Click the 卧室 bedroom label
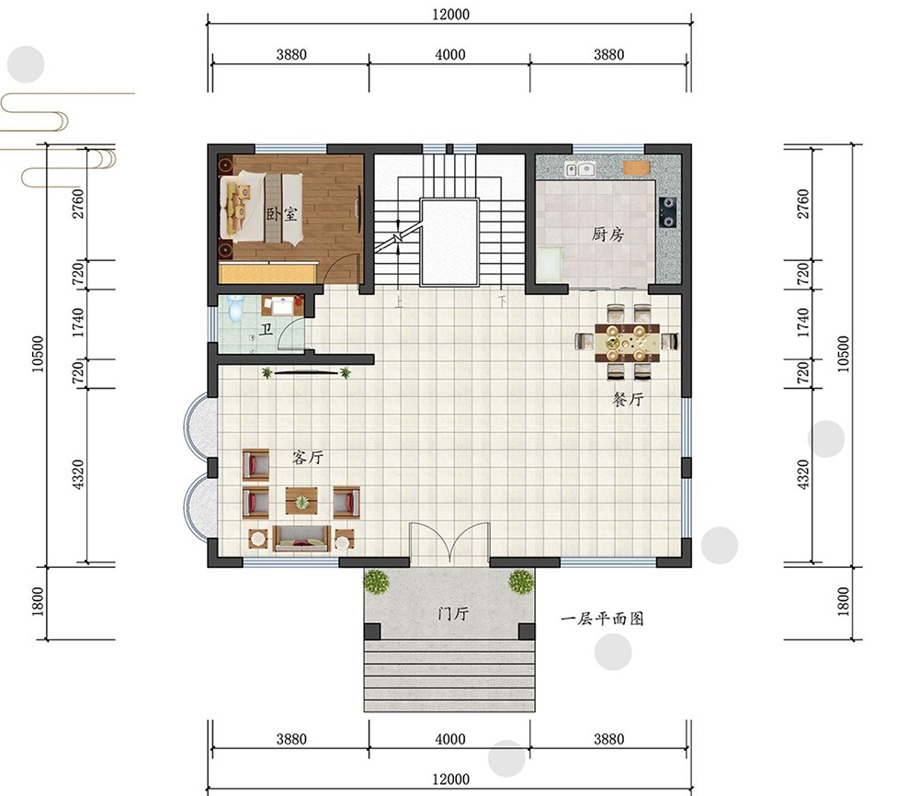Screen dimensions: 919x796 click(x=282, y=214)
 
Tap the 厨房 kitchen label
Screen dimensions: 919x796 click(x=607, y=234)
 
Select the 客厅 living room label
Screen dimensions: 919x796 click(x=308, y=457)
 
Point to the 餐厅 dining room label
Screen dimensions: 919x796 click(x=628, y=399)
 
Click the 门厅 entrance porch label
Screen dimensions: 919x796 click(x=453, y=614)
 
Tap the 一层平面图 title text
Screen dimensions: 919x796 click(x=602, y=619)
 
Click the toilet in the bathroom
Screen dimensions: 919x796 click(x=235, y=309)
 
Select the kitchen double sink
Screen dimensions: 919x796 click(x=580, y=169)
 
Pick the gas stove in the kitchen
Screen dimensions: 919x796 click(x=667, y=211)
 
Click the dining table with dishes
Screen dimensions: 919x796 click(x=627, y=342)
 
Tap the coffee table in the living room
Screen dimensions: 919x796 click(x=301, y=501)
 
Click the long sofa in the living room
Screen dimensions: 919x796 click(x=301, y=538)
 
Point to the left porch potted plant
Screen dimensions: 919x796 click(x=376, y=582)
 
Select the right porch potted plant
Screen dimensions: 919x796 click(x=521, y=582)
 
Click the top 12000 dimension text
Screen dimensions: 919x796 click(x=450, y=14)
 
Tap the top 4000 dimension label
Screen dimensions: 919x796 click(x=450, y=54)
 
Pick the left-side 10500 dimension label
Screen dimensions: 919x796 click(x=38, y=354)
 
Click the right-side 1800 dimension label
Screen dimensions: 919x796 click(x=843, y=601)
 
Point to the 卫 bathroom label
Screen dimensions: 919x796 click(x=267, y=328)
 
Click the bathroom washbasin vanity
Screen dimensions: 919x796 click(x=282, y=305)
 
